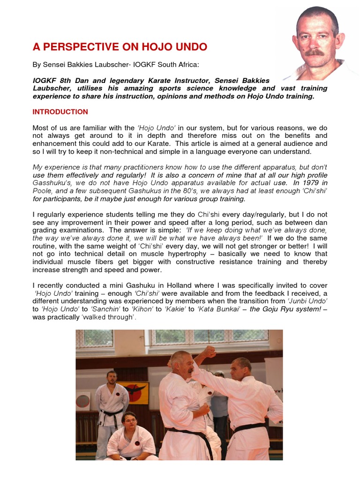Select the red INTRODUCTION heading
point(60,112)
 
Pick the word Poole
point(41,191)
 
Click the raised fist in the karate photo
point(209,352)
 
